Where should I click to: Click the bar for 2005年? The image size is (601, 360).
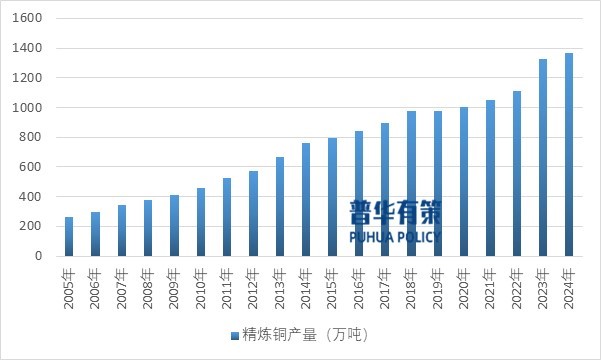click(x=69, y=237)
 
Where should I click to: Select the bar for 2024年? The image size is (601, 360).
click(x=569, y=155)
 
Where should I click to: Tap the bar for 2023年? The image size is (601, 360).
click(x=543, y=158)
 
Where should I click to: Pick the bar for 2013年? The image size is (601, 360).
click(x=279, y=207)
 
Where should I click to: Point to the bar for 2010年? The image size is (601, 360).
click(x=201, y=222)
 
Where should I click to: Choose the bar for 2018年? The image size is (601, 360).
click(x=411, y=184)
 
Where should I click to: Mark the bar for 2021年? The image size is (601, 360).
click(x=490, y=178)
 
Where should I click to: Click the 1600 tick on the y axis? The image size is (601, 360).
click(x=28, y=19)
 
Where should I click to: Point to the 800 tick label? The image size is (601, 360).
click(x=32, y=138)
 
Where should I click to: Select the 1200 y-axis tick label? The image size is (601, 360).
click(x=28, y=78)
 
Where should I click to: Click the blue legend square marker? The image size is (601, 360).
click(x=235, y=334)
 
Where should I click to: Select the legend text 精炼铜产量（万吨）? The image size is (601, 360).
click(x=306, y=334)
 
